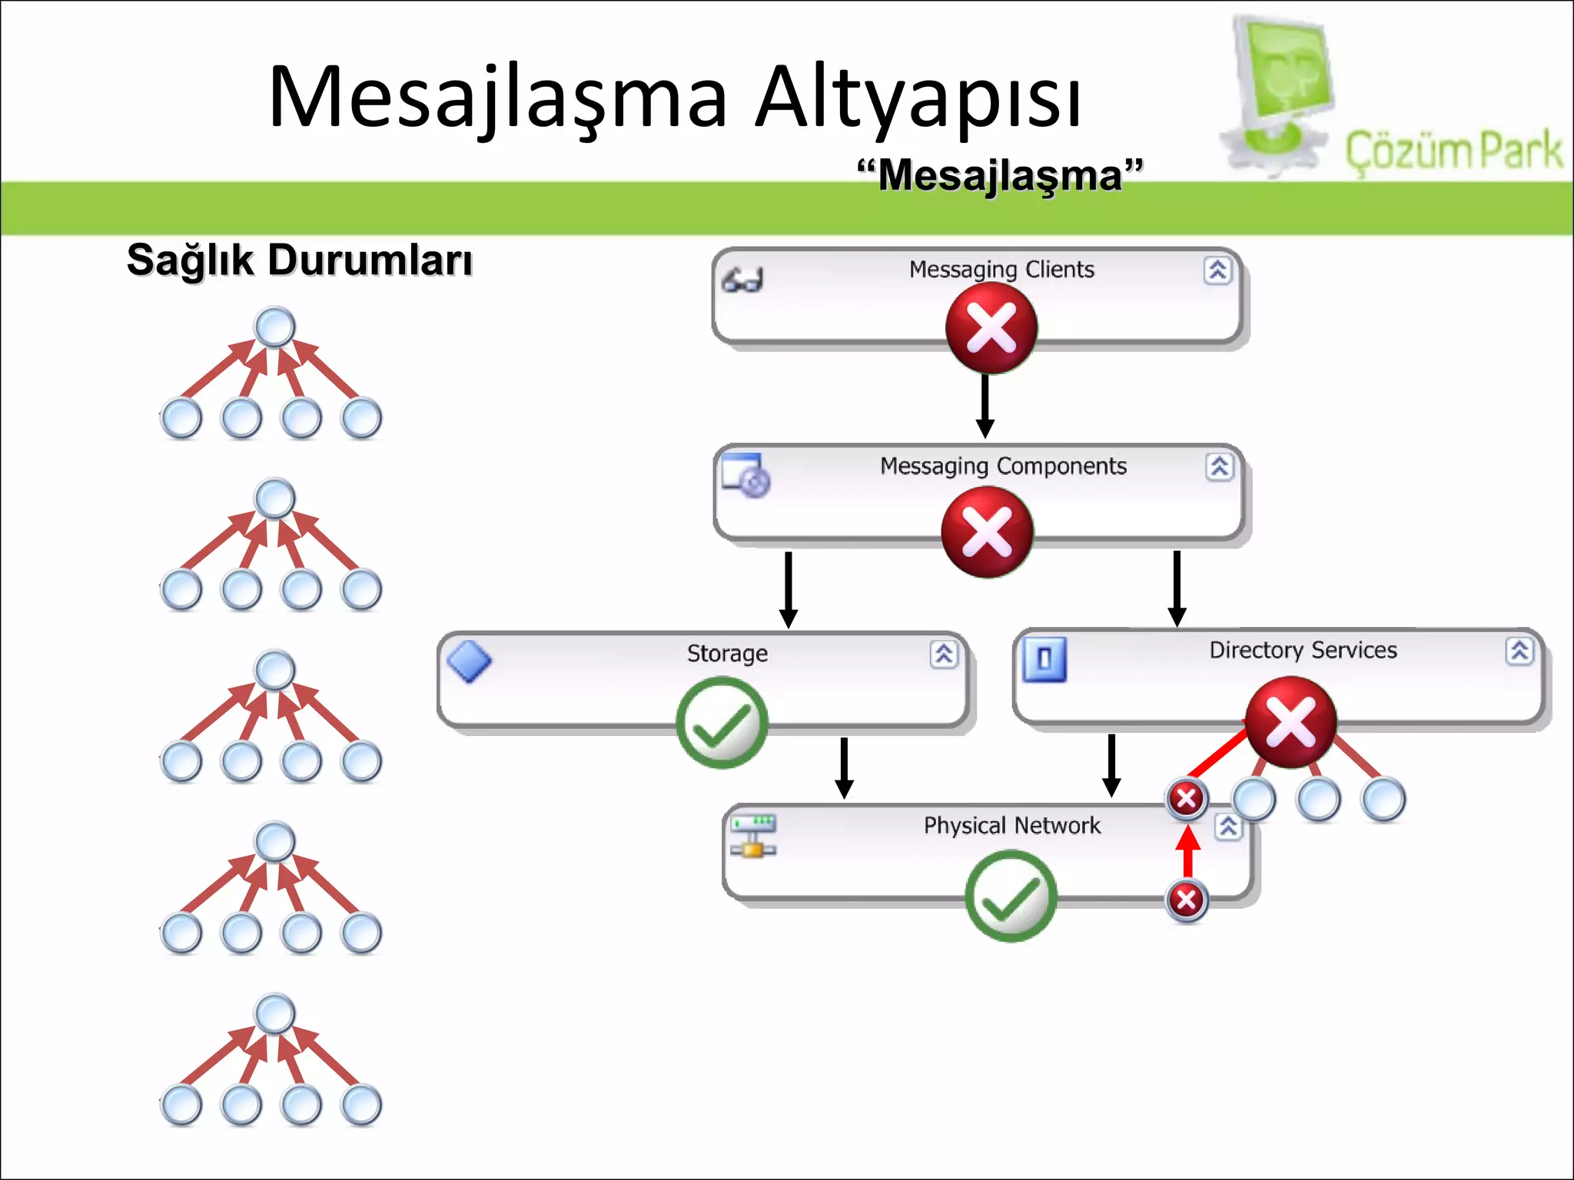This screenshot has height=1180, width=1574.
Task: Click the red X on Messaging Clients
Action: point(991,328)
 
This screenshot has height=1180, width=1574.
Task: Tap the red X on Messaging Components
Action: point(988,532)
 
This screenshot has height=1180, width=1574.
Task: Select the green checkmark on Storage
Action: point(722,722)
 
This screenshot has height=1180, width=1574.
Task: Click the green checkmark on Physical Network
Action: point(1011,896)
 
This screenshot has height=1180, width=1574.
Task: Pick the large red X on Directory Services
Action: point(1291,722)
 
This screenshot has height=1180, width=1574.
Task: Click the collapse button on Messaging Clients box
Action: point(1217,270)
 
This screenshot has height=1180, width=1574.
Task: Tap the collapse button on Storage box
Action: point(944,655)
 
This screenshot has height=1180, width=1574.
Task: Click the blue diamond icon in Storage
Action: point(470,661)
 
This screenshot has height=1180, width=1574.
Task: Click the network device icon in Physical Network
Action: point(753,836)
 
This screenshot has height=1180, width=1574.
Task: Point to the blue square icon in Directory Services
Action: point(1044,659)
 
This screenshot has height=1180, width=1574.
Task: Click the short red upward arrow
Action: point(1188,851)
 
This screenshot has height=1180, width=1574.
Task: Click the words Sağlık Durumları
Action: point(299,260)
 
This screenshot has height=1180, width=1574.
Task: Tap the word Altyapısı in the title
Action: point(918,98)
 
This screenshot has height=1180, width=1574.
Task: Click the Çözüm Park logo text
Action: point(1453,150)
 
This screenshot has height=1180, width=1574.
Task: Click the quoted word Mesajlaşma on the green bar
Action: point(1000,175)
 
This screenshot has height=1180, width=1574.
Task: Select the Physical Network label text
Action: point(1011,825)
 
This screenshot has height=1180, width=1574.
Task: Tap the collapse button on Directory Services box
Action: point(1519,651)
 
